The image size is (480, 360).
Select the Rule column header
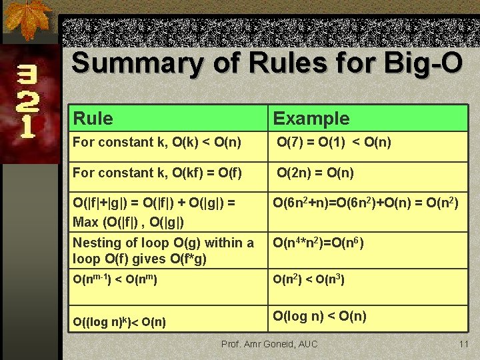click(93, 119)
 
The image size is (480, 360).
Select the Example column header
click(311, 119)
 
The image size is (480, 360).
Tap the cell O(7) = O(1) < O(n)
click(333, 142)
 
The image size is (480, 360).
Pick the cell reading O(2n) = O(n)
click(315, 173)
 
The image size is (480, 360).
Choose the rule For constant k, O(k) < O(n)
click(157, 142)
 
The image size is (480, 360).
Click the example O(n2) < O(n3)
click(309, 280)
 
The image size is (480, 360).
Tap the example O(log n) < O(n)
click(319, 315)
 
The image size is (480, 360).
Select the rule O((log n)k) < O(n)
click(119, 323)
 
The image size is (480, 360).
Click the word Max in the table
click(85, 221)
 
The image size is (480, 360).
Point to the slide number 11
click(464, 344)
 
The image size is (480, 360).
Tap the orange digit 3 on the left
click(27, 74)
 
